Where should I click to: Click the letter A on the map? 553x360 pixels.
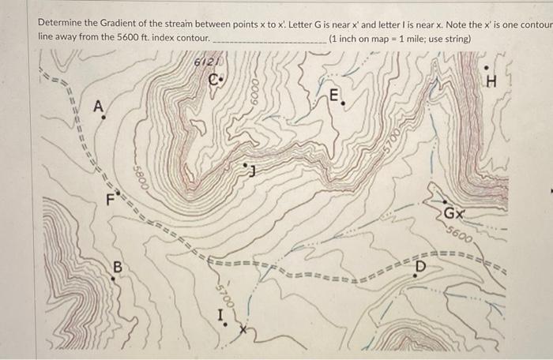98,107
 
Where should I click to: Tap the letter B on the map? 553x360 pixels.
117,267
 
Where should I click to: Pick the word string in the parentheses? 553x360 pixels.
454,39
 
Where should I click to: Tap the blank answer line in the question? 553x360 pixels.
269,39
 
